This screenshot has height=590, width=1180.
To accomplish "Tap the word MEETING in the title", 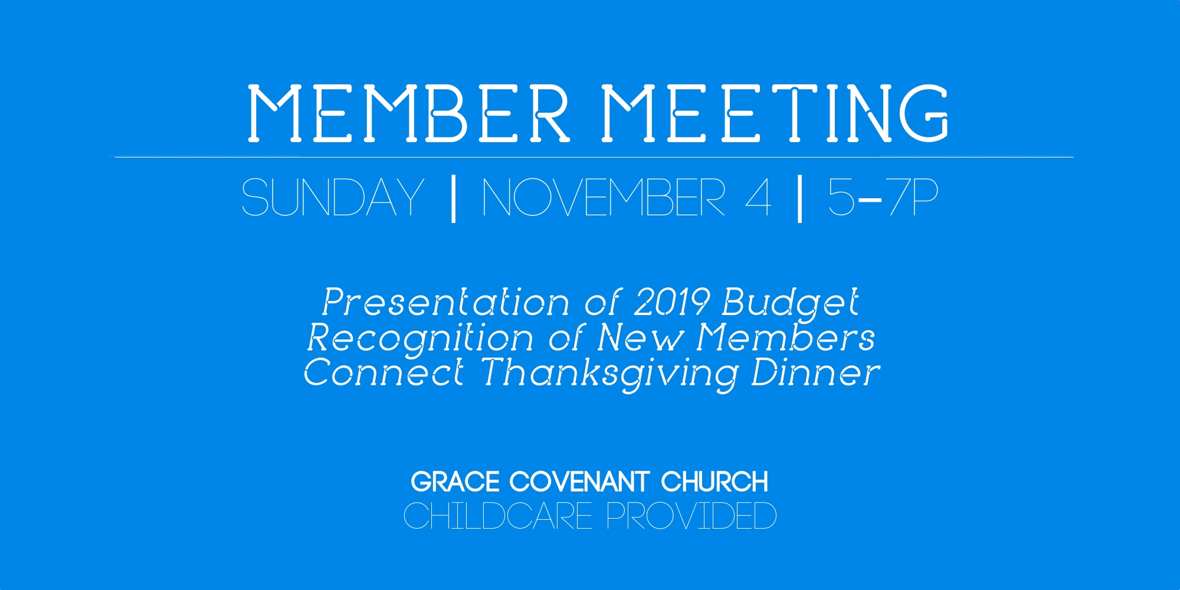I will coord(775,113).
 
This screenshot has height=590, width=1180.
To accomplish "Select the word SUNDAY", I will coord(333,197).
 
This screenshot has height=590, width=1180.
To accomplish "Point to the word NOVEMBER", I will coord(604,197).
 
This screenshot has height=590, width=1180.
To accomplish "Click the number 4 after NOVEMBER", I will coord(759,197).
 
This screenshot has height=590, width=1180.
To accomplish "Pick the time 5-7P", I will coord(883,197).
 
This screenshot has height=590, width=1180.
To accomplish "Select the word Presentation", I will coord(445,303).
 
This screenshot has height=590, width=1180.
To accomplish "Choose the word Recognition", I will coord(420,339).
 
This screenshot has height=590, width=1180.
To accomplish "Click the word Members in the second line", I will coord(786,337).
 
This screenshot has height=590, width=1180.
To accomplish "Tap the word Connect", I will coord(383,373).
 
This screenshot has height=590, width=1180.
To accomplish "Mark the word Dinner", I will coord(815,373).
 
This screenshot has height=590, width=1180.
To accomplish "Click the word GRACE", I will coord(455,482).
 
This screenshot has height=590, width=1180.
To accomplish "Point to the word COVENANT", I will coord(580,482).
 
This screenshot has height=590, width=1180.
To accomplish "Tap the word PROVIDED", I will coord(691,516).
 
